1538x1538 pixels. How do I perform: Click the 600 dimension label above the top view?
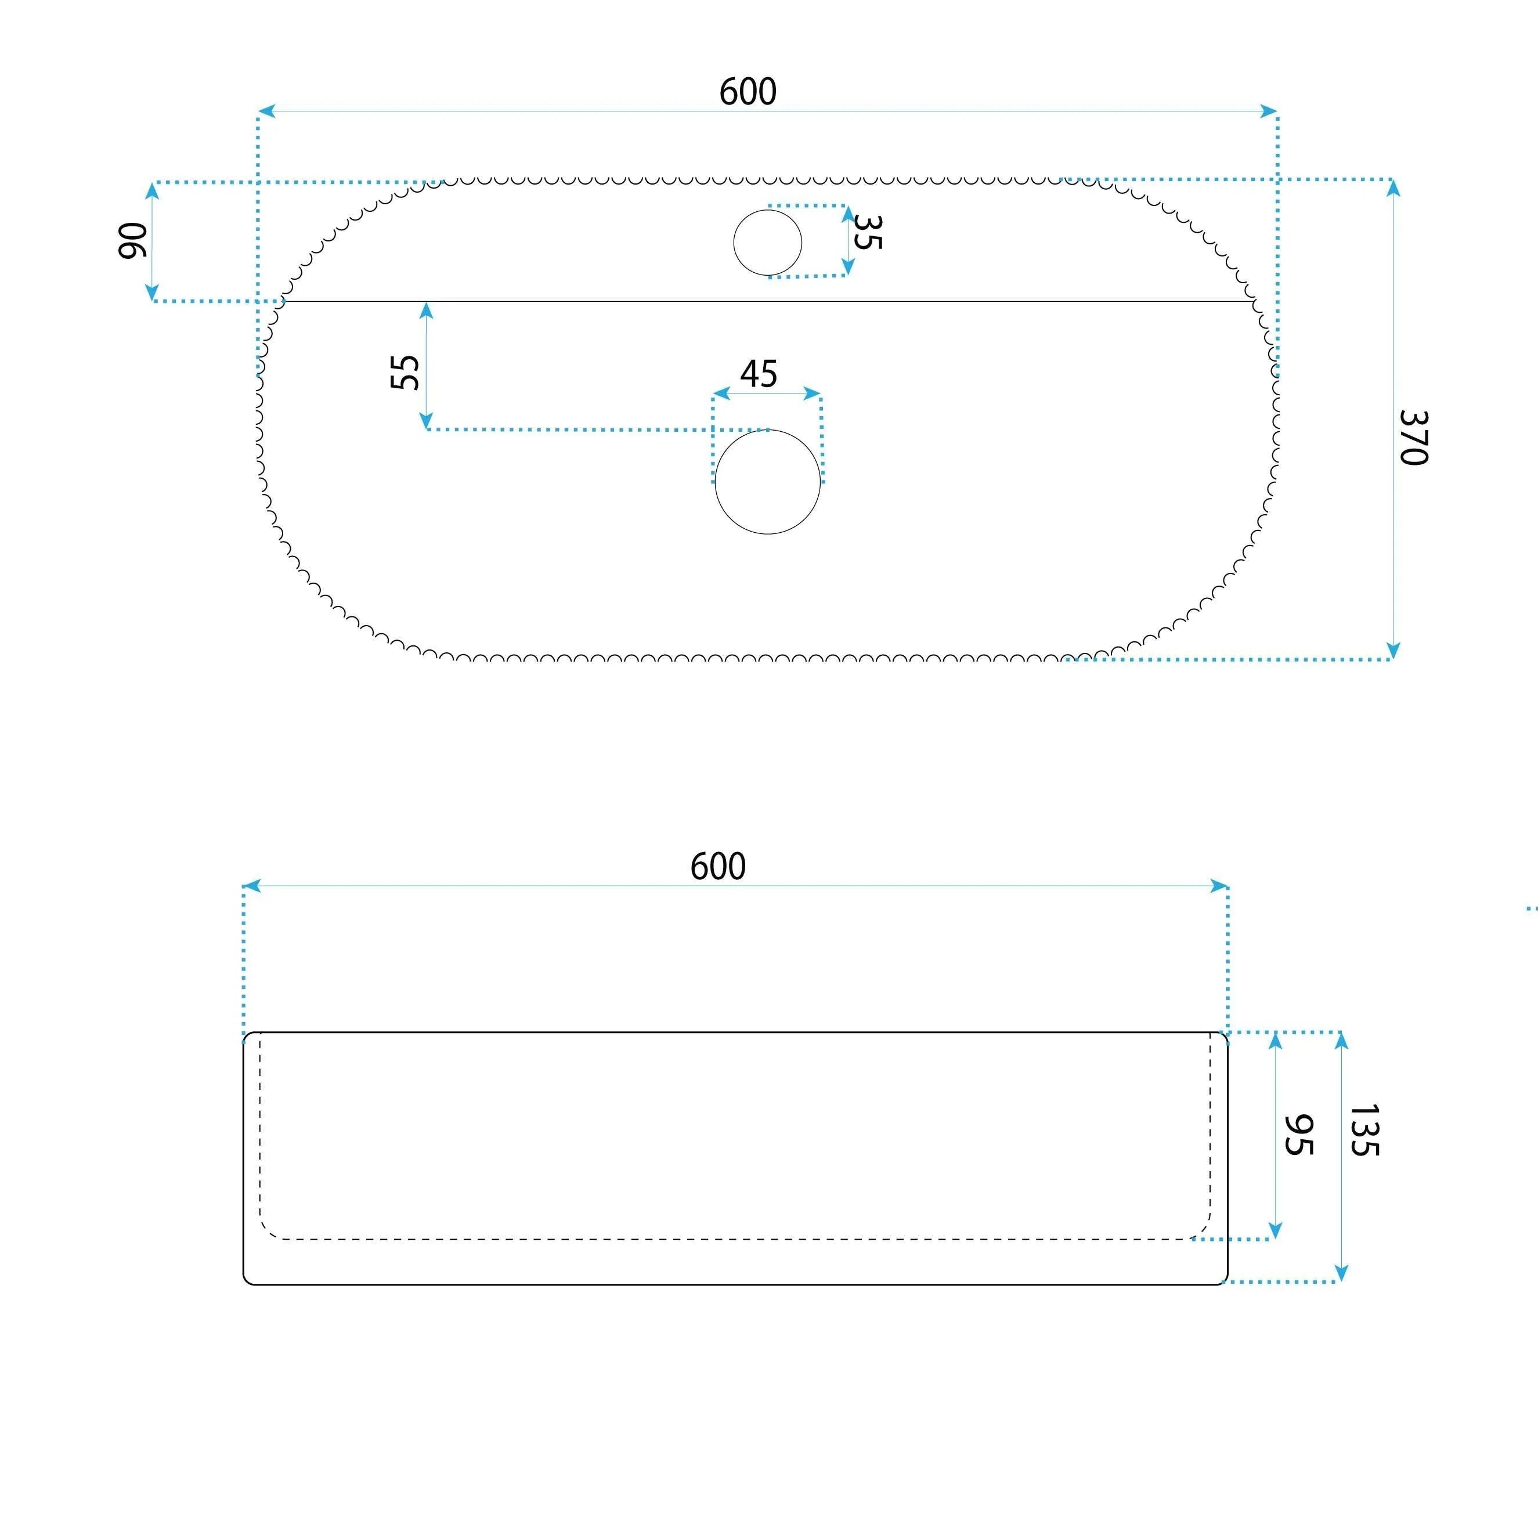[x=748, y=92]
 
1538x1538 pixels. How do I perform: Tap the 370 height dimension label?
[x=1414, y=437]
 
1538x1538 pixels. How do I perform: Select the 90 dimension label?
[x=133, y=240]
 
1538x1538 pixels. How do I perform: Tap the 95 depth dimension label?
[x=1298, y=1135]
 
